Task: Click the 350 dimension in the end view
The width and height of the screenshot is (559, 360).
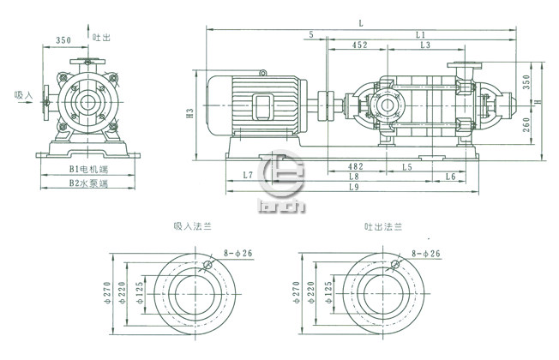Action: point(63,40)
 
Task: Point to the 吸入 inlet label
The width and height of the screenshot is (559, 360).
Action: point(23,96)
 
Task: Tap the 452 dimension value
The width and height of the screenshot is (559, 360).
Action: point(360,45)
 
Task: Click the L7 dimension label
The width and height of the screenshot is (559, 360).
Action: point(247,175)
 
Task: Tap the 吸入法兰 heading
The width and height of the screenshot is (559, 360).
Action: point(191,228)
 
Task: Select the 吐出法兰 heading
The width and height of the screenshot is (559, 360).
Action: point(382,228)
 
